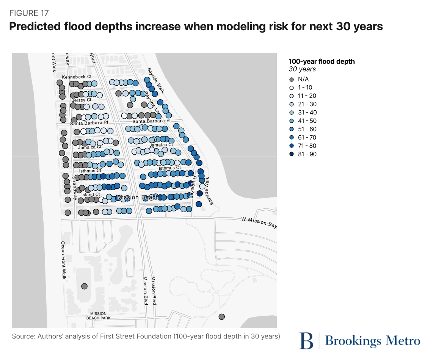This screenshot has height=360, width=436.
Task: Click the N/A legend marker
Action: pyautogui.click(x=292, y=79)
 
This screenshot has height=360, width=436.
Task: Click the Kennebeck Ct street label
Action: pyautogui.click(x=77, y=77)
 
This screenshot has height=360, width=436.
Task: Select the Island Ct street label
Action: pyautogui.click(x=91, y=195)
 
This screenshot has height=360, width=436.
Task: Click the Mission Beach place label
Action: pyautogui.click(x=138, y=197)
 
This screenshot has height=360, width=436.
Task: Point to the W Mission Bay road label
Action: pyautogui.click(x=259, y=222)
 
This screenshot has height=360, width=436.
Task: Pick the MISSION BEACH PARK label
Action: pyautogui.click(x=99, y=316)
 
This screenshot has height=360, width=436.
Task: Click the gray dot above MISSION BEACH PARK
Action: pyautogui.click(x=84, y=286)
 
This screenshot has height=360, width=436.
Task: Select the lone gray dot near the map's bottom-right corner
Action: pyautogui.click(x=222, y=316)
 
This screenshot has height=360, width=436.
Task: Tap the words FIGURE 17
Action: pyautogui.click(x=29, y=13)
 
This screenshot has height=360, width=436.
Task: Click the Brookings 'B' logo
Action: pyautogui.click(x=306, y=340)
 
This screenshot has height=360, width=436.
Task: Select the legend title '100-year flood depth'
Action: pyautogui.click(x=322, y=61)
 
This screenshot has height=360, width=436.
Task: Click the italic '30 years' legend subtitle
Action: pyautogui.click(x=302, y=69)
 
